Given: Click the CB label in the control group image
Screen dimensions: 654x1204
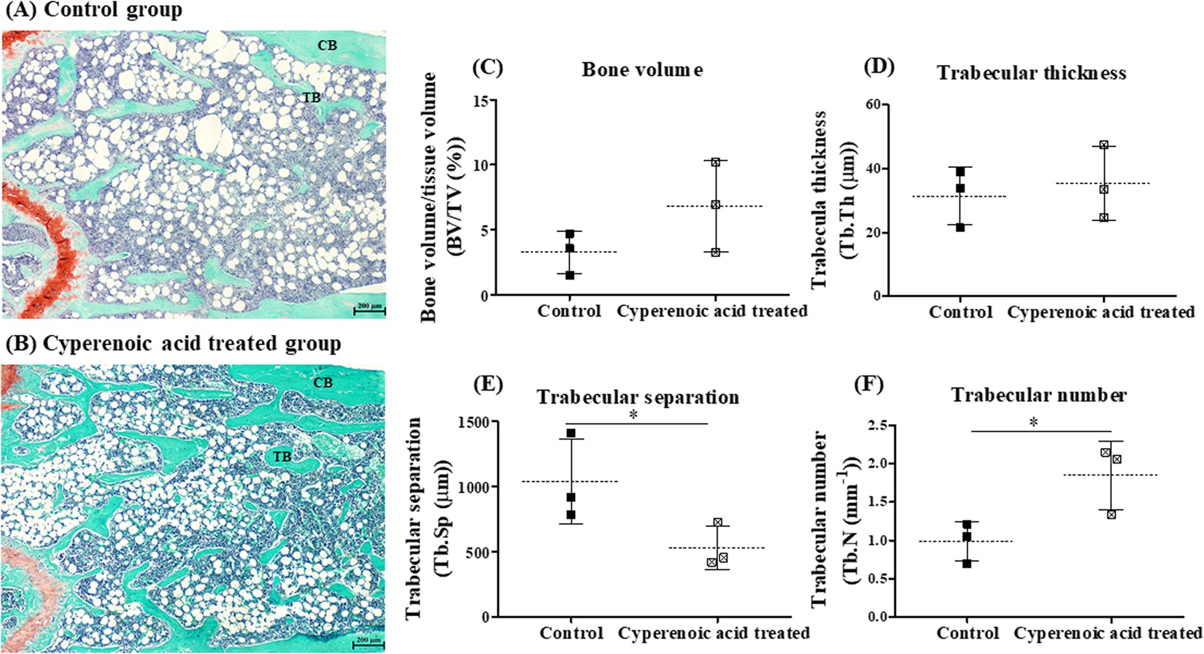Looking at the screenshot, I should tap(327, 45).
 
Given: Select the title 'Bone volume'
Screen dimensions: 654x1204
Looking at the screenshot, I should tap(642, 70).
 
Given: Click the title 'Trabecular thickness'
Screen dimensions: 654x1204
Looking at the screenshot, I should tap(1031, 73).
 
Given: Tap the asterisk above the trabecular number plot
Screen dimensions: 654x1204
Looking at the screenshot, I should tap(1033, 423).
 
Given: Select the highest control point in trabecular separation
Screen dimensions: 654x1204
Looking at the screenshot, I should tap(571, 434).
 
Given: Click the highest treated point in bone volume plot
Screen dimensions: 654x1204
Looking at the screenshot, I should tap(716, 162).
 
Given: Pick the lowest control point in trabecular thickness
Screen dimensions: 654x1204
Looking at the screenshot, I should tap(960, 227).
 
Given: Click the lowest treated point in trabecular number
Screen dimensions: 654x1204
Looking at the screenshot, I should tap(1111, 515).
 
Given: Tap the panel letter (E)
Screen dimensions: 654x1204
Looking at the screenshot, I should tap(488, 385).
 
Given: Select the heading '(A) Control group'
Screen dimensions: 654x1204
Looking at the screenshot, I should tap(93, 11).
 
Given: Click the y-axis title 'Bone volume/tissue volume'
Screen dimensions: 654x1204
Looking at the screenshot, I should tap(429, 197).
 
